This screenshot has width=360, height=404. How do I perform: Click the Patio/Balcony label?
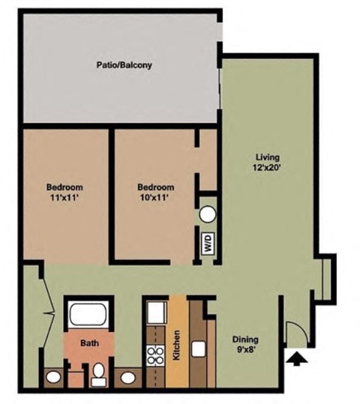(x=124, y=65)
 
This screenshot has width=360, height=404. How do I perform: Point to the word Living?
(x=267, y=157)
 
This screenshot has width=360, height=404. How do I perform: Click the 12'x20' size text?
(x=267, y=168)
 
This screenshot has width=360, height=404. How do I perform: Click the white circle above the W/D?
(x=208, y=214)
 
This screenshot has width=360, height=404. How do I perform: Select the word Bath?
(x=90, y=343)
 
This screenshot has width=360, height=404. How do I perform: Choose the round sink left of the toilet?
(x=55, y=376)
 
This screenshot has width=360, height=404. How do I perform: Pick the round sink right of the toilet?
(x=130, y=376)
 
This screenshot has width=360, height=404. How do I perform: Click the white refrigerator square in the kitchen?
(x=155, y=311)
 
